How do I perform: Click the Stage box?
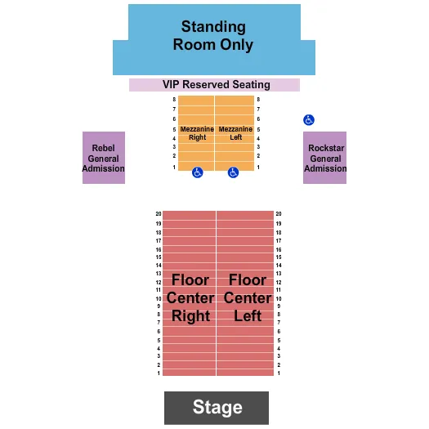tap(217, 407)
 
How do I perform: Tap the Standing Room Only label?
tap(213, 37)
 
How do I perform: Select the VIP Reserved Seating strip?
tap(214, 85)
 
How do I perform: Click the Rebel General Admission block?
tap(104, 159)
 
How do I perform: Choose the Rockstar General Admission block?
tap(324, 159)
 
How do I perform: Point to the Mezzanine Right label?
tap(197, 133)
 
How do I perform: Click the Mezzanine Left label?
tap(235, 133)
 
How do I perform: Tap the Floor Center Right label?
tap(190, 298)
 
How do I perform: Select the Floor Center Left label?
tap(247, 298)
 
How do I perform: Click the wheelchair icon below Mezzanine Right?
tap(198, 172)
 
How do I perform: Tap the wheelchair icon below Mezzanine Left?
tap(233, 172)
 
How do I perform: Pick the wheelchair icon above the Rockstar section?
tap(308, 119)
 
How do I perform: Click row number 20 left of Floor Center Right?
tap(159, 214)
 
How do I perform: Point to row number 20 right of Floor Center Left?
tap(279, 214)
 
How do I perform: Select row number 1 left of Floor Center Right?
tap(159, 373)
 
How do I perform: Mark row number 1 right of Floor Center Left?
tap(279, 373)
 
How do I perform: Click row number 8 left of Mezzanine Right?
tap(174, 100)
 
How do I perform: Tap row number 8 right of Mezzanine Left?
tap(258, 100)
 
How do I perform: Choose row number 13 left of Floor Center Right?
tap(159, 273)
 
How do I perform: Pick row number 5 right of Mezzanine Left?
tap(258, 129)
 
